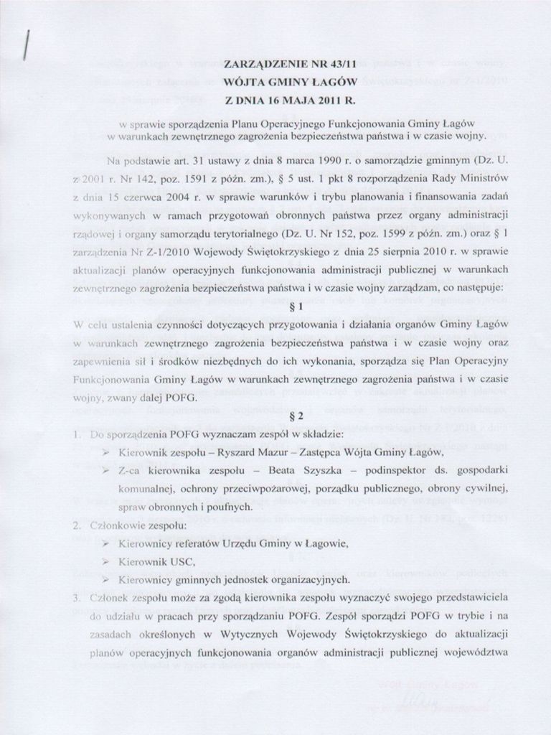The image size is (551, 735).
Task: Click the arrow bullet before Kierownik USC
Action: pos(106,561)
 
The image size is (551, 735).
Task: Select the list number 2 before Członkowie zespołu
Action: pos(76,525)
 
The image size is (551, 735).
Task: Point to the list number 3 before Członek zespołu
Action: pos(76,597)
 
